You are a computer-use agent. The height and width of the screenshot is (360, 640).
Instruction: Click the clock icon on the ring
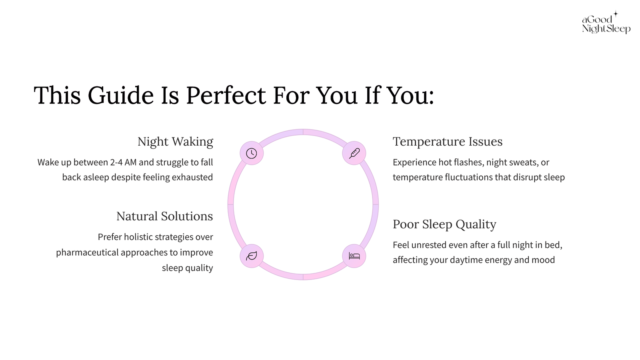tap(252, 153)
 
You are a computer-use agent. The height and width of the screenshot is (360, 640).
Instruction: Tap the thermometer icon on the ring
tap(354, 153)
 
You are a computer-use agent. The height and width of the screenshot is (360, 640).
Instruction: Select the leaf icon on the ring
tap(252, 256)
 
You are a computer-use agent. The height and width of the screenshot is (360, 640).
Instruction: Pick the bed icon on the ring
tap(354, 256)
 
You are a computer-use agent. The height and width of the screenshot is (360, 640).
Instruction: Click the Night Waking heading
tap(175, 142)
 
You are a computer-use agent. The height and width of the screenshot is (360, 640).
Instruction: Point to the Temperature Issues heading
tap(448, 142)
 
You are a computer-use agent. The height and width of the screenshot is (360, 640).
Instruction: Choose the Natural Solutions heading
tap(164, 216)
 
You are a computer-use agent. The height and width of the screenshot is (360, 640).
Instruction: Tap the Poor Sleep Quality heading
tap(444, 224)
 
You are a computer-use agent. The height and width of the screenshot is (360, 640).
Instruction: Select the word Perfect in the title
tap(226, 95)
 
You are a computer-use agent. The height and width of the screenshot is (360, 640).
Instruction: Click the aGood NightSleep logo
tap(606, 22)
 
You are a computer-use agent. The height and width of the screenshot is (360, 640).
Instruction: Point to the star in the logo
tap(616, 14)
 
